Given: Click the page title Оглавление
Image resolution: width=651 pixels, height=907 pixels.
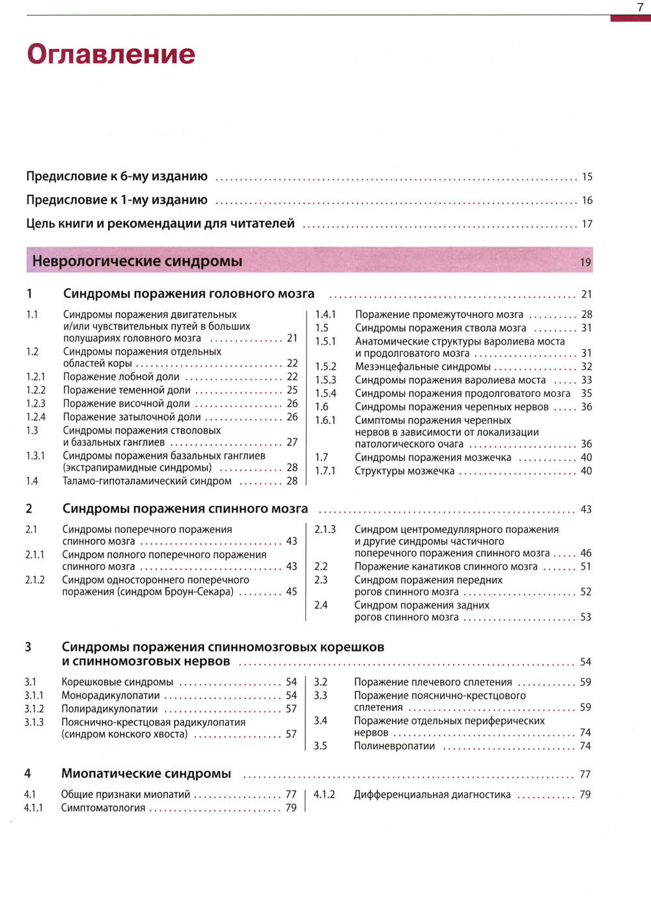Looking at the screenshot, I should (111, 53).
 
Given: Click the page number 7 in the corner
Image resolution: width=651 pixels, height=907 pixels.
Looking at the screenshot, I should (640, 7).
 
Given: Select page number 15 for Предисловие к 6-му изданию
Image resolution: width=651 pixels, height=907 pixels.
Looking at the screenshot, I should (587, 177).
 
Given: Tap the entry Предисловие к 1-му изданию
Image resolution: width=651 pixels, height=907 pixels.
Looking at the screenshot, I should (117, 200).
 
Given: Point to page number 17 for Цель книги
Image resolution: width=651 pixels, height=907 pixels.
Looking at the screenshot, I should (587, 224).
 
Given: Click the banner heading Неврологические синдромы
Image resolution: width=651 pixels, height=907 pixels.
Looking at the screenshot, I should (137, 261).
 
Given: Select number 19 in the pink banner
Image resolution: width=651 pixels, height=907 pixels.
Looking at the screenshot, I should (585, 262).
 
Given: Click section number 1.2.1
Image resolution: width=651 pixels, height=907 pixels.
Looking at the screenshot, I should (36, 377).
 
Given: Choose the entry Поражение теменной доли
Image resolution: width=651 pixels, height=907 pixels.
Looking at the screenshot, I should (126, 390).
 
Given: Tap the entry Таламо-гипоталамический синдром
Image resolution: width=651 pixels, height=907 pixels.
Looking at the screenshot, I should (146, 481).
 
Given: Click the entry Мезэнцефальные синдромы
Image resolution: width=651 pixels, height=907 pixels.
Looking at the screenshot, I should (422, 366).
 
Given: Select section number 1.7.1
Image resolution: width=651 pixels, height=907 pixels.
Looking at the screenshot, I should (325, 470).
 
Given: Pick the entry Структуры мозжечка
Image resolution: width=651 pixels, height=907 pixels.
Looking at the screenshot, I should (404, 470).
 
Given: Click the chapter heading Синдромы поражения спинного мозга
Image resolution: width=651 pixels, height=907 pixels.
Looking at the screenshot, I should (185, 508).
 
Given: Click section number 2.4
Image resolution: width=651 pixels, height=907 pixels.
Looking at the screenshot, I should (321, 605).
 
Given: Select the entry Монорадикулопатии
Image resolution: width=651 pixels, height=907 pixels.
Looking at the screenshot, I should (110, 695).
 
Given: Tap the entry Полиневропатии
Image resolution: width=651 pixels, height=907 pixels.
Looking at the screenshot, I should (394, 745).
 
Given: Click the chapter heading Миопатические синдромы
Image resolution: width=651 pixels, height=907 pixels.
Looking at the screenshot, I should (146, 773).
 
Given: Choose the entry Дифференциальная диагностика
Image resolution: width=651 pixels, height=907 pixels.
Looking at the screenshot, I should (432, 794).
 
